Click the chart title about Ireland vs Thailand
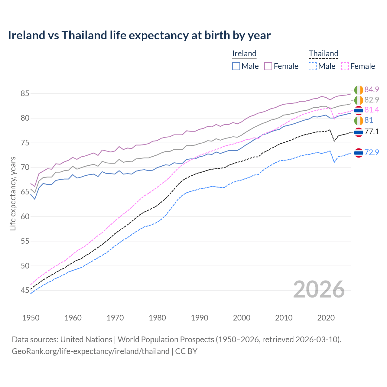click(139, 35)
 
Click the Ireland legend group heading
click(244, 54)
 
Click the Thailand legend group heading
click(323, 54)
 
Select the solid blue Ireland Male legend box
click(236, 66)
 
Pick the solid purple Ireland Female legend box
click(268, 66)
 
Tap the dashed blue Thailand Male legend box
click(313, 66)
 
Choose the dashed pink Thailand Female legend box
click(345, 66)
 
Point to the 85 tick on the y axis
click(25, 94)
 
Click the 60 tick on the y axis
click(25, 216)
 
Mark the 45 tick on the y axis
click(25, 291)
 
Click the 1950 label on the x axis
click(31, 318)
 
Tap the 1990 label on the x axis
click(200, 318)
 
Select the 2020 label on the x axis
click(326, 318)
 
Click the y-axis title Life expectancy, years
click(13, 193)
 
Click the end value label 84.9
click(372, 89)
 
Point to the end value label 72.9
click(372, 152)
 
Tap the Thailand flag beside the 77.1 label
click(359, 132)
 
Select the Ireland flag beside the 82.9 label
click(359, 100)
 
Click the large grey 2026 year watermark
click(319, 289)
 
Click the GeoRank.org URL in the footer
click(90, 351)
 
